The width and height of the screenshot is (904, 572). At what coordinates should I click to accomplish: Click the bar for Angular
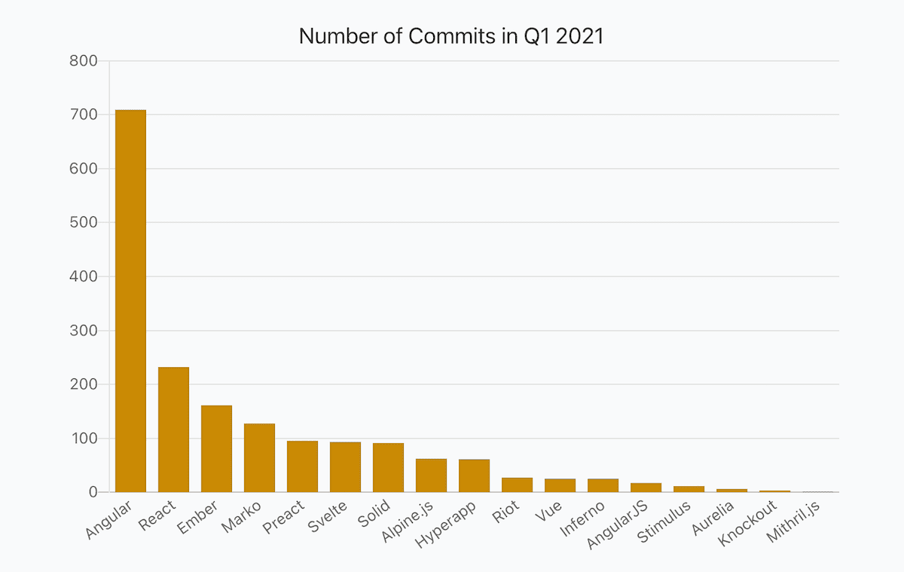(x=130, y=301)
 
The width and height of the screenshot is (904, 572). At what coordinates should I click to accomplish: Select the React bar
(x=173, y=430)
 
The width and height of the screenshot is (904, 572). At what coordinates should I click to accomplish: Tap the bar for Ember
(x=216, y=449)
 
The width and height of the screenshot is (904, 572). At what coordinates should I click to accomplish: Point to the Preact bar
(x=302, y=466)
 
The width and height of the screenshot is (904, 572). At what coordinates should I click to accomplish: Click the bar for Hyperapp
(x=474, y=476)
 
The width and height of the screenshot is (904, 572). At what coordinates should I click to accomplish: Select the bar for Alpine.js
(x=431, y=476)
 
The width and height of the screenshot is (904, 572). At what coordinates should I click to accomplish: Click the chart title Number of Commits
(x=451, y=36)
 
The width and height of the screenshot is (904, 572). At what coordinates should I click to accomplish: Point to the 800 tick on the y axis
(x=83, y=61)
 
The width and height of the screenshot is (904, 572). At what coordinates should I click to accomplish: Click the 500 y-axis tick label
(x=83, y=223)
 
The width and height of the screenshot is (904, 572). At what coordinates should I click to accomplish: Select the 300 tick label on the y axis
(x=83, y=331)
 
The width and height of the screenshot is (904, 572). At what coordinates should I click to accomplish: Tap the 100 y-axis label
(x=83, y=439)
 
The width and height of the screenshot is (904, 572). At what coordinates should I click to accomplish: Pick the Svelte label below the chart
(x=328, y=517)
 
